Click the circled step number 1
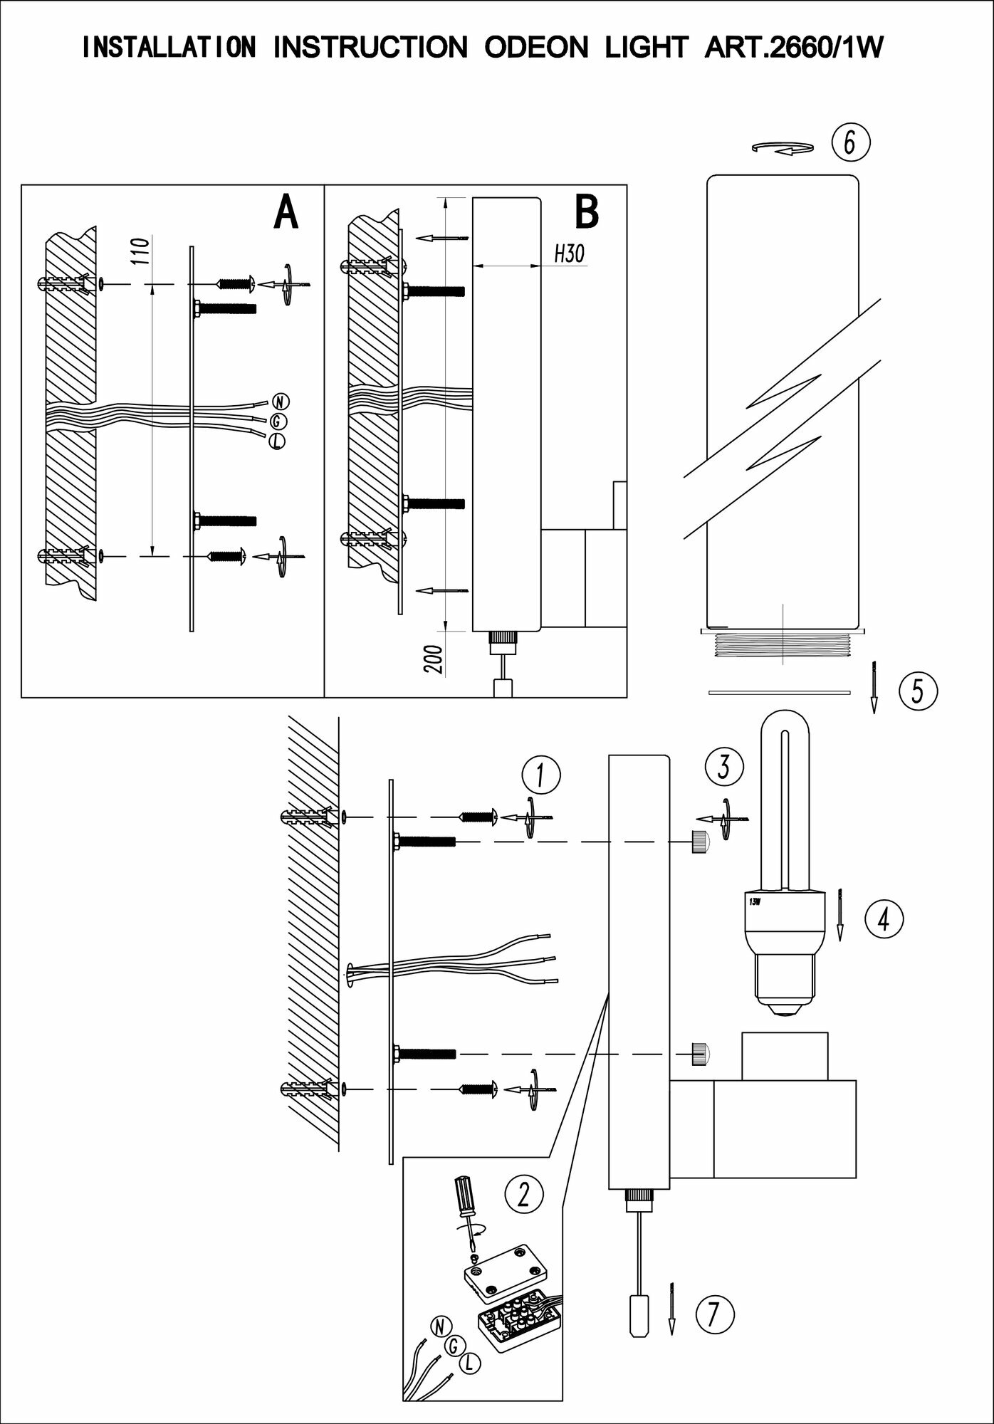pyautogui.click(x=540, y=776)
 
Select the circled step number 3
pyautogui.click(x=724, y=767)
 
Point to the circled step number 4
pyautogui.click(x=883, y=919)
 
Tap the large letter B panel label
pyautogui.click(x=586, y=212)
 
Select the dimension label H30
pyautogui.click(x=568, y=253)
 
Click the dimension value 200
pyautogui.click(x=436, y=660)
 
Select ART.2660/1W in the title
pyautogui.click(x=793, y=48)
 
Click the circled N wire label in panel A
pyautogui.click(x=277, y=402)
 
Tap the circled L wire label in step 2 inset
pyautogui.click(x=469, y=1363)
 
